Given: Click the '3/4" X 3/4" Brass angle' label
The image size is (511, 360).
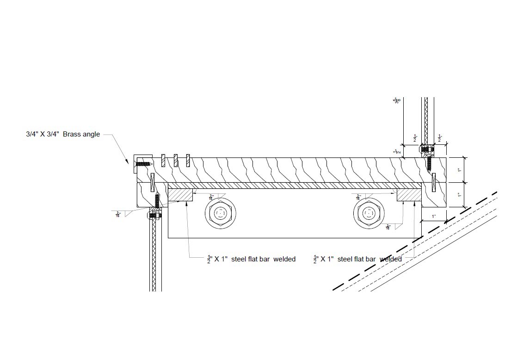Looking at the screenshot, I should [x=63, y=135].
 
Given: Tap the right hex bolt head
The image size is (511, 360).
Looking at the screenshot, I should [x=369, y=213].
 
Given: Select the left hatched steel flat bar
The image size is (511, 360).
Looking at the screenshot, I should [x=180, y=194].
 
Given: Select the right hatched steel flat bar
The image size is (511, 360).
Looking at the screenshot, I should [x=409, y=194].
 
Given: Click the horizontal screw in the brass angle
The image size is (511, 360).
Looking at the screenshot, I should [x=143, y=163].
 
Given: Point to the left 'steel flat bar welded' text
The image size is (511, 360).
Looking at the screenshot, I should [x=252, y=259].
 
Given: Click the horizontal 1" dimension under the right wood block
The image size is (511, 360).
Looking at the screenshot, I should [x=434, y=217].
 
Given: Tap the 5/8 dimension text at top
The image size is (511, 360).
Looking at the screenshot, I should [x=396, y=99].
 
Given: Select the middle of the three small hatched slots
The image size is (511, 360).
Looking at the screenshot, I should [x=176, y=161].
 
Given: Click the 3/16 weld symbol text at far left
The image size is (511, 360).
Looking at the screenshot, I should [x=118, y=214].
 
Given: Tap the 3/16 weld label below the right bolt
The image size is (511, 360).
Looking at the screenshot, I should [x=389, y=227].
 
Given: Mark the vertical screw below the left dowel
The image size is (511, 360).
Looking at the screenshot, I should [x=157, y=200].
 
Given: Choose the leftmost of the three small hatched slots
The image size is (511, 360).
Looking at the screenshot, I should [x=163, y=161].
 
